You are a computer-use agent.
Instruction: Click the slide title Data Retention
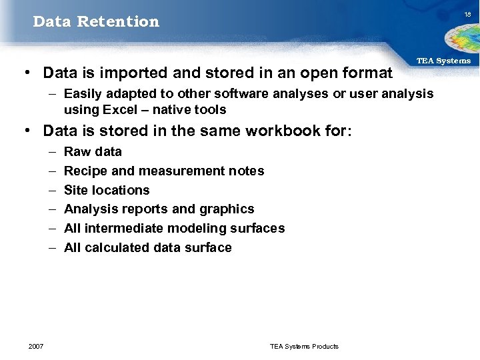[x=96, y=21]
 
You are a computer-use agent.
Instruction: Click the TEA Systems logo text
[x=443, y=61]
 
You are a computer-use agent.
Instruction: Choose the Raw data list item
[x=93, y=151]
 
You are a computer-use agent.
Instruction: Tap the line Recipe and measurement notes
[x=164, y=171]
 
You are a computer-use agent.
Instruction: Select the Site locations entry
[x=107, y=190]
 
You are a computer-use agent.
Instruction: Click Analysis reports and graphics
[x=159, y=209]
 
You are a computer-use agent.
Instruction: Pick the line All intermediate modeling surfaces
[x=174, y=228]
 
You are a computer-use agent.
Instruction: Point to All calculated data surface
[x=147, y=247]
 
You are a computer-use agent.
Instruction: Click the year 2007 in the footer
[x=36, y=346]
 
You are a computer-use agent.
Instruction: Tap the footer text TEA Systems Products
[x=304, y=346]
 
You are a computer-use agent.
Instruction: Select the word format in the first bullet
[x=365, y=71]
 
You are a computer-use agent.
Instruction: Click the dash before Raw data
[x=51, y=151]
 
